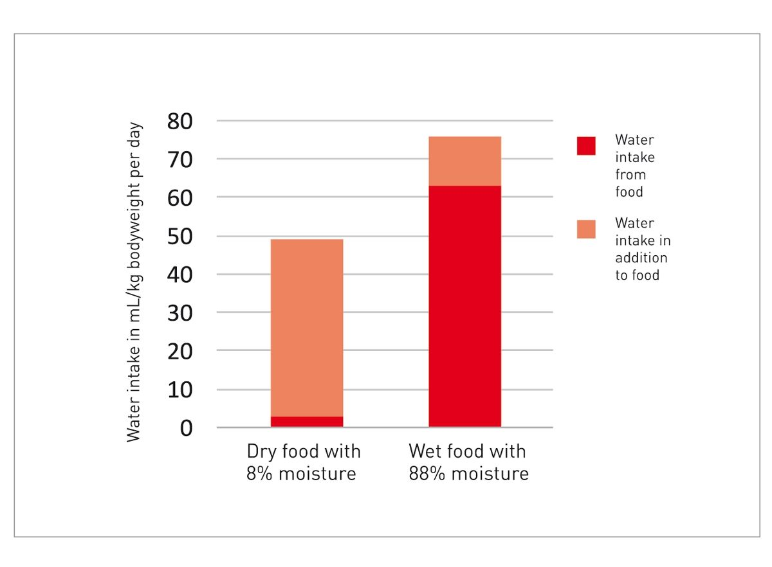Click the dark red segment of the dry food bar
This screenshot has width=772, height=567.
pyautogui.click(x=306, y=422)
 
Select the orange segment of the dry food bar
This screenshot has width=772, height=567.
pyautogui.click(x=306, y=328)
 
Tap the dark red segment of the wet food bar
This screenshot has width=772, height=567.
pyautogui.click(x=464, y=306)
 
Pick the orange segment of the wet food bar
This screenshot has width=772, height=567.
pyautogui.click(x=464, y=161)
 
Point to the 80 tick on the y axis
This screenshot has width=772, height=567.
pyautogui.click(x=180, y=121)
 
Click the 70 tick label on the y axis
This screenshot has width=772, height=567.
pyautogui.click(x=180, y=159)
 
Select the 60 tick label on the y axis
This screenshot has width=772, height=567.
pyautogui.click(x=180, y=197)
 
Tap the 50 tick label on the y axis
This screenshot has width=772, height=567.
pyautogui.click(x=180, y=236)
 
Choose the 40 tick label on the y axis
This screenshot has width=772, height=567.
pyautogui.click(x=180, y=274)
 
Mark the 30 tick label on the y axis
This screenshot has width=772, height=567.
pyautogui.click(x=180, y=312)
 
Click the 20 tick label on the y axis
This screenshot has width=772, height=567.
pyautogui.click(x=180, y=351)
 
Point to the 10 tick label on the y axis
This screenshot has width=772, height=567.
pyautogui.click(x=180, y=390)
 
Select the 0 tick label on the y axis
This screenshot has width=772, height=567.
pyautogui.click(x=186, y=428)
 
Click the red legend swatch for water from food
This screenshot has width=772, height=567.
pyautogui.click(x=586, y=146)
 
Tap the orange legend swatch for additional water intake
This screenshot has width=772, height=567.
pyautogui.click(x=586, y=229)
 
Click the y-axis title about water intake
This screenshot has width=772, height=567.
pyautogui.click(x=134, y=282)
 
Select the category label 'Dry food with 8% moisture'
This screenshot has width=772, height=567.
pyautogui.click(x=304, y=463)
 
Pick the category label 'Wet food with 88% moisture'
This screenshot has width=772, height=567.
pyautogui.click(x=468, y=463)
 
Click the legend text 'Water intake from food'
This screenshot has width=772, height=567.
pyautogui.click(x=634, y=166)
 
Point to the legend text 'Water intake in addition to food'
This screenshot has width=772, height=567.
pyautogui.click(x=642, y=249)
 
